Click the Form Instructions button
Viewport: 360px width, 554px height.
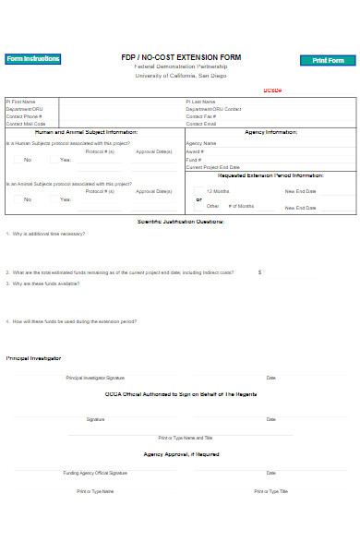[x=32, y=59]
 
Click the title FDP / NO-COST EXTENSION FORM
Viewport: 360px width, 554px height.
[x=180, y=57]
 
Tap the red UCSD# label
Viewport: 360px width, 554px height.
[x=271, y=90]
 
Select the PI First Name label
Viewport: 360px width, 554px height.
[x=21, y=102]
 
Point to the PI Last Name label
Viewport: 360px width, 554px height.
[x=200, y=102]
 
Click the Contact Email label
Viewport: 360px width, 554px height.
[x=200, y=124]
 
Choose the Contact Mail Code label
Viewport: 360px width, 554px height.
[x=25, y=124]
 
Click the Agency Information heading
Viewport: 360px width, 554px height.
[x=270, y=132]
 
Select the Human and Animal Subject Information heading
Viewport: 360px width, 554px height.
[x=93, y=132]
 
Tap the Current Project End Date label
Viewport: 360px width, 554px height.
[x=212, y=167]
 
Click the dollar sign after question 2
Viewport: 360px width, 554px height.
[x=259, y=272]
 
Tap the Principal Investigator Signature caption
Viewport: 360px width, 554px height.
[x=95, y=378]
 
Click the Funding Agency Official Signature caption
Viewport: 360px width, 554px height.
[x=95, y=473]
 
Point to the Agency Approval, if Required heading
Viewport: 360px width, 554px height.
[x=180, y=454]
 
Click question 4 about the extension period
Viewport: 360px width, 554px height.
[x=73, y=321]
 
